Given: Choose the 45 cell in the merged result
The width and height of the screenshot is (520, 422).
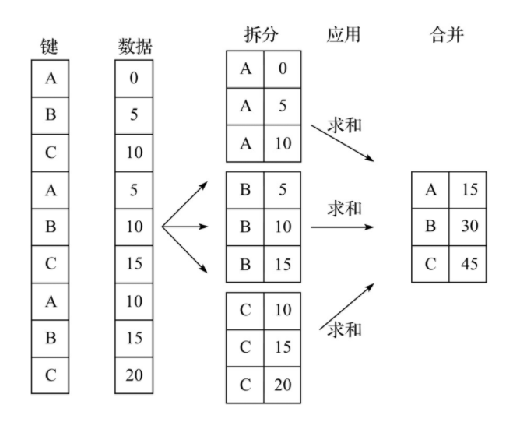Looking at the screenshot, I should pyautogui.click(x=468, y=264).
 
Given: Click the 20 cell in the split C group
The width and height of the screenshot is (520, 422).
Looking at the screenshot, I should pyautogui.click(x=282, y=384).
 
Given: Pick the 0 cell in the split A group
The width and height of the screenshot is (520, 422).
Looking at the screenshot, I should pyautogui.click(x=282, y=69).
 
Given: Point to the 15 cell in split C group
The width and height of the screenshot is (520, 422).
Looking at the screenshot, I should pyautogui.click(x=282, y=346).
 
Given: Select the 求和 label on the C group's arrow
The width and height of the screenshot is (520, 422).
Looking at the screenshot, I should pyautogui.click(x=345, y=329).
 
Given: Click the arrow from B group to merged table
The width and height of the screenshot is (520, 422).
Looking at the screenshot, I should pyautogui.click(x=343, y=227).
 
